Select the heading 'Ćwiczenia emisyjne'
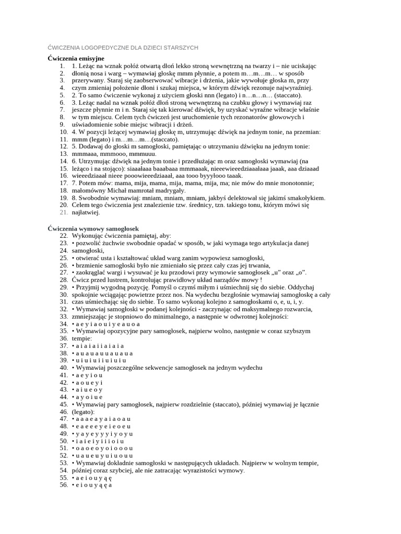(x=76, y=58)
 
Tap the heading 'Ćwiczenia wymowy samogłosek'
(x=92, y=228)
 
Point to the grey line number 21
(x=64, y=213)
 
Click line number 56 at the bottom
(x=64, y=484)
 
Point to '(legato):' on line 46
(x=84, y=411)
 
